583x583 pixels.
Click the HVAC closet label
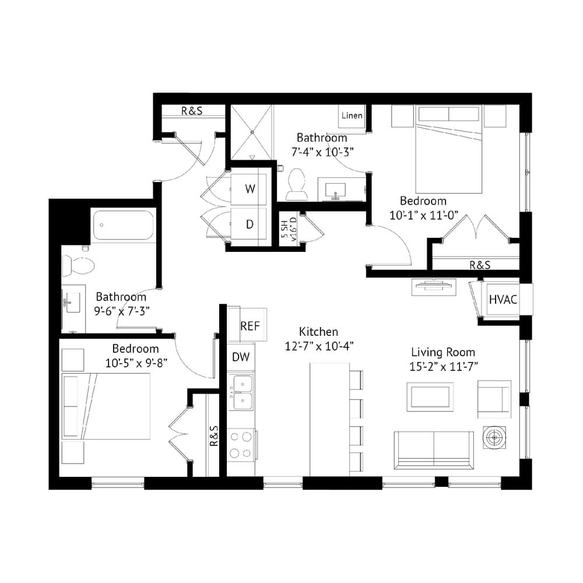pos(503,299)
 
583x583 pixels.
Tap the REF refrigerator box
pos(247,325)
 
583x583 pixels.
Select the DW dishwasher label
pos(241,357)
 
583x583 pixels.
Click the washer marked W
pos(248,189)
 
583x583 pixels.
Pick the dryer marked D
pos(248,224)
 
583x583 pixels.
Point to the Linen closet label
pos(352,115)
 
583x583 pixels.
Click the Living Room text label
pos(443,352)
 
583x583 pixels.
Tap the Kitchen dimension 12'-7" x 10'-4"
pos(319,346)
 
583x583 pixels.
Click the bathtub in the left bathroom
pos(123,225)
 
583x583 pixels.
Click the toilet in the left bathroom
pos(78,265)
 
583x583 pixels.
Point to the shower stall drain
pos(252,132)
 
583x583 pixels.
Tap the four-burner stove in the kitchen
pos(241,445)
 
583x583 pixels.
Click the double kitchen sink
pos(241,392)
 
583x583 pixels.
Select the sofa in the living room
pos(434,450)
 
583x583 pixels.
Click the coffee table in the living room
pos(430,396)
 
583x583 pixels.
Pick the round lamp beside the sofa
pos(494,437)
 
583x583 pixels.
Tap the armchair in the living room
pos(494,399)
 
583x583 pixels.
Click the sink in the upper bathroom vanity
pos(335,190)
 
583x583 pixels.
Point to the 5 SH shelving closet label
pos(289,229)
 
